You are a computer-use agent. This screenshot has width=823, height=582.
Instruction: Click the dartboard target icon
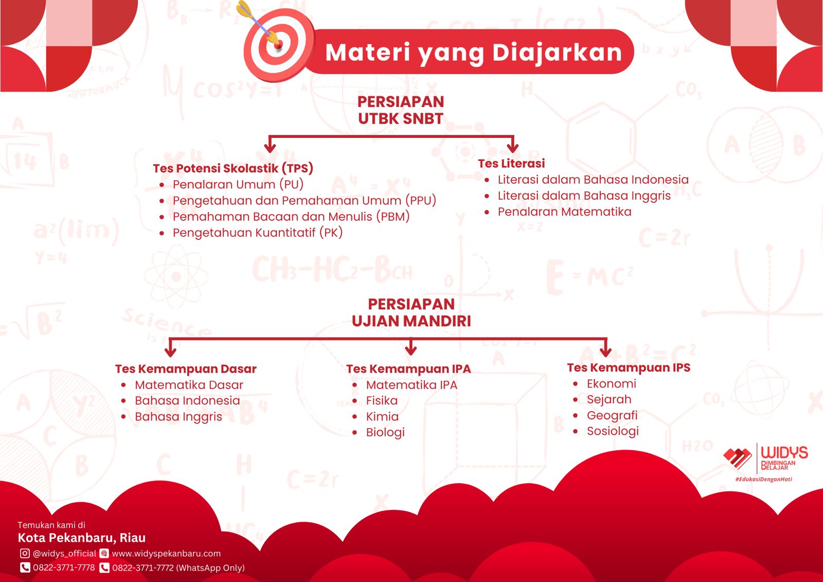pos(278,45)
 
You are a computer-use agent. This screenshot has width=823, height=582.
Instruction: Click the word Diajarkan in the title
pos(557,52)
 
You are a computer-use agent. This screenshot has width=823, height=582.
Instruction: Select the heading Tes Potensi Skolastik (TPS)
pos(233,168)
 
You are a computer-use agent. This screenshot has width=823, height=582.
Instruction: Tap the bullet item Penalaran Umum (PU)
pos(238,184)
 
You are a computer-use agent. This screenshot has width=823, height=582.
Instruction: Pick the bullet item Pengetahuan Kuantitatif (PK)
pos(258,233)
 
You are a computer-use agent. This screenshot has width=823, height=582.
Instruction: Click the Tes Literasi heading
pos(511,163)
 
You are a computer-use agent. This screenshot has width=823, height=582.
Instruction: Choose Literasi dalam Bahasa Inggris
pos(584,196)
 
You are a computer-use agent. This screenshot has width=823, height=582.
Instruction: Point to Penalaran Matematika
pos(564,212)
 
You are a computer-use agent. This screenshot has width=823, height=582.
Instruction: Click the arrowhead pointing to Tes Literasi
pos(512,148)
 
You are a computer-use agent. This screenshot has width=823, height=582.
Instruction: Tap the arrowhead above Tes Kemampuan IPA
pos(411,349)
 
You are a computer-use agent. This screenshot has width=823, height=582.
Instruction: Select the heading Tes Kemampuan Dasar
pos(186,369)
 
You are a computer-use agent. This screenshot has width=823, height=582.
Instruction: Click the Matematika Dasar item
pos(189,385)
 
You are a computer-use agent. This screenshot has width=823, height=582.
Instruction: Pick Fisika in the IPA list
pos(382,400)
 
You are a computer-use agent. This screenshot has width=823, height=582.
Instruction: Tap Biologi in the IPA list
pos(385,432)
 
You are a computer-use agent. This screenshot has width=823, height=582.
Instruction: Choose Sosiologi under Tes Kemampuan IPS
pos(613,431)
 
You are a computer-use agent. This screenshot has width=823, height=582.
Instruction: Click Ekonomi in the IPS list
pos(612,383)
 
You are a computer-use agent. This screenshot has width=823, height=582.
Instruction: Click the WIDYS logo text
pos(784,452)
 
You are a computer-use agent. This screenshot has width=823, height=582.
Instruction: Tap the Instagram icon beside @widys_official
pos(25,553)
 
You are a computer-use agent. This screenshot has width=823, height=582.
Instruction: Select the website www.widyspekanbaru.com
pos(166,553)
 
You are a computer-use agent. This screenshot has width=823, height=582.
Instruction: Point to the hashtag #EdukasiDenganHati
pos(763,479)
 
